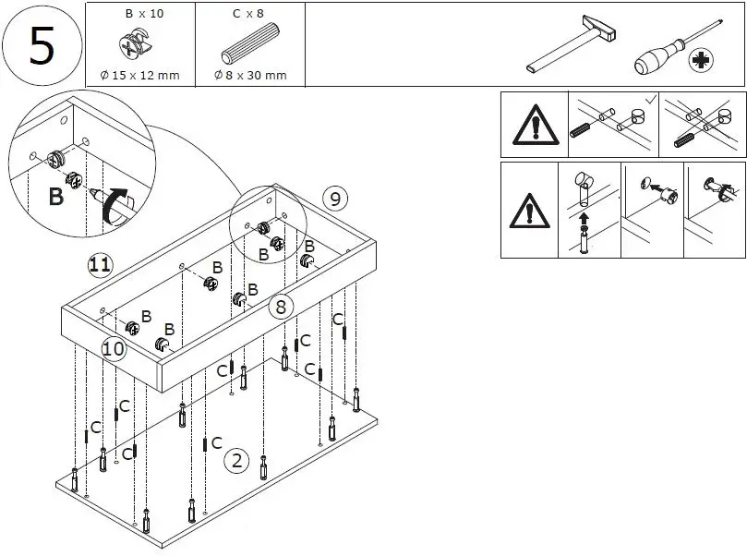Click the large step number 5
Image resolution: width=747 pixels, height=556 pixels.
click(42, 45)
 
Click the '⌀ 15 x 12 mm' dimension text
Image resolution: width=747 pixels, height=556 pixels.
click(139, 75)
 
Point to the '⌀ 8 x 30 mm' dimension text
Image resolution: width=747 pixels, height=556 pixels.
click(250, 75)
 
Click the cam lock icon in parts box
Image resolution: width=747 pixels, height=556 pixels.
click(138, 46)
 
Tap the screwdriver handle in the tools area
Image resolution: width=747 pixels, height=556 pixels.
click(654, 60)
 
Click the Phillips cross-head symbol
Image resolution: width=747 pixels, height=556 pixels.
click(704, 62)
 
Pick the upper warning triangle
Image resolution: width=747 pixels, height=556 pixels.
click(529, 124)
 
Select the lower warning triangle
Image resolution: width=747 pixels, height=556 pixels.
click(529, 212)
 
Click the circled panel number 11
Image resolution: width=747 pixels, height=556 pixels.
click(100, 266)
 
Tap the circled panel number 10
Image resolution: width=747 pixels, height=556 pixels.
click(114, 348)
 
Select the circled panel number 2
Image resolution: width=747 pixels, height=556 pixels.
click(237, 460)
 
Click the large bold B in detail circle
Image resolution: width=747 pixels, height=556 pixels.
click(56, 196)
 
